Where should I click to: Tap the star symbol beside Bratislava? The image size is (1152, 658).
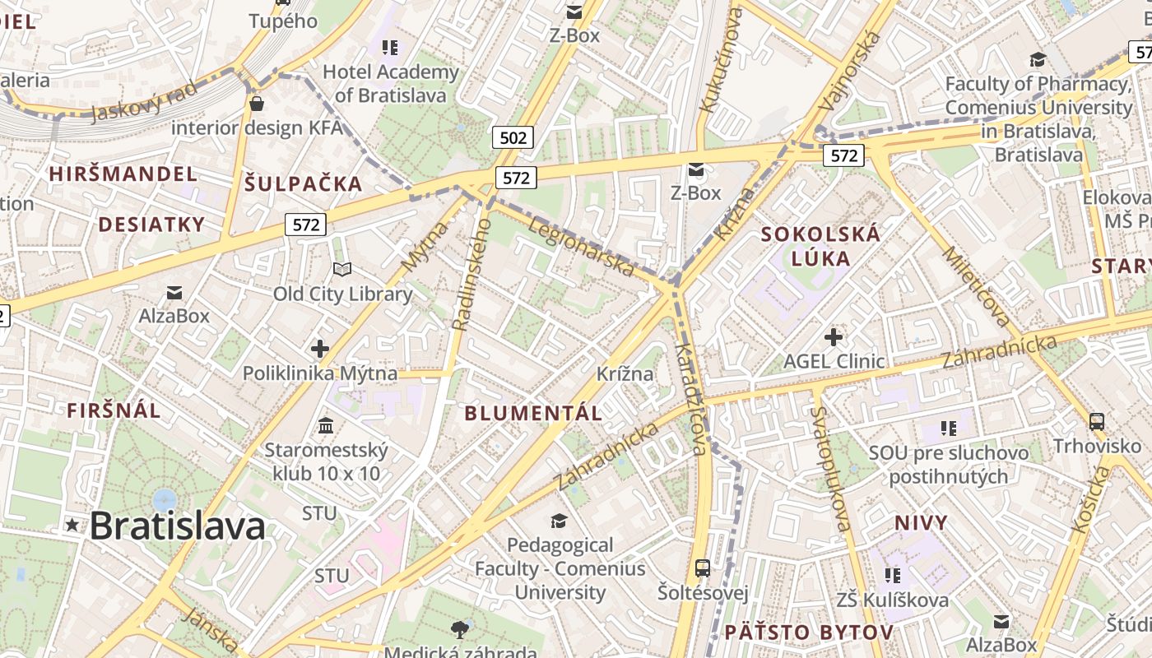72,525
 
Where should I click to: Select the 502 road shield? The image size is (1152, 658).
513,137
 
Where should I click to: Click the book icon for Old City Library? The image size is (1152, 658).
342,269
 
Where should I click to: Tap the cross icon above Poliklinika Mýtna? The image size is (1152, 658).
320,349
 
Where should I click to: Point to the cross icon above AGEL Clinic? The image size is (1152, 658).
834,336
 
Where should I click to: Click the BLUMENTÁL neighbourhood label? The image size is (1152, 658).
533,414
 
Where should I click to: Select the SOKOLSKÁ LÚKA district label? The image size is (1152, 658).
820,246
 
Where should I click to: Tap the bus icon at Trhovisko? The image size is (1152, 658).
1097,422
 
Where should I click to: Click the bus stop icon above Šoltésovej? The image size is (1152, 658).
703,568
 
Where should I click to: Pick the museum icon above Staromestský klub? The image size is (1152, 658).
326,426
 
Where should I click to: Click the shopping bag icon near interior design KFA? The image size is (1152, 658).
257,104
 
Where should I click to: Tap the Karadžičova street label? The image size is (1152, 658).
691,400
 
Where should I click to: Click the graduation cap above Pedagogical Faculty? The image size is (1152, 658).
560,521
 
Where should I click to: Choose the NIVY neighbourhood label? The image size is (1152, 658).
921,523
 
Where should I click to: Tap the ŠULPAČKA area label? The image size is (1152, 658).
303,183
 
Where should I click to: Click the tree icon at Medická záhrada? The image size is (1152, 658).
460,630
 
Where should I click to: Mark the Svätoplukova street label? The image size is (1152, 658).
830,470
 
